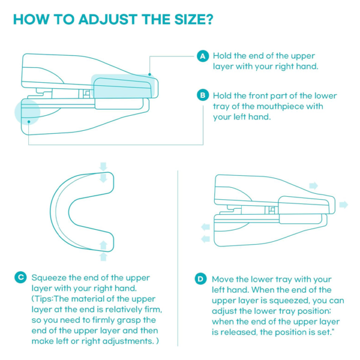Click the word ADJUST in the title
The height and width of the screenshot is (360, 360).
(96, 19)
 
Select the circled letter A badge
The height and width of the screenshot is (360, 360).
(203, 56)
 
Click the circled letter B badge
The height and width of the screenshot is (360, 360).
(203, 95)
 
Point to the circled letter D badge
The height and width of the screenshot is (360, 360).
(200, 279)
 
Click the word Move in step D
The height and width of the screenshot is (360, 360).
(224, 279)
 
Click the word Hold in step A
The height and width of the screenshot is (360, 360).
(224, 56)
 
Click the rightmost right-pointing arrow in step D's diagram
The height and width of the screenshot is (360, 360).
(343, 205)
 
